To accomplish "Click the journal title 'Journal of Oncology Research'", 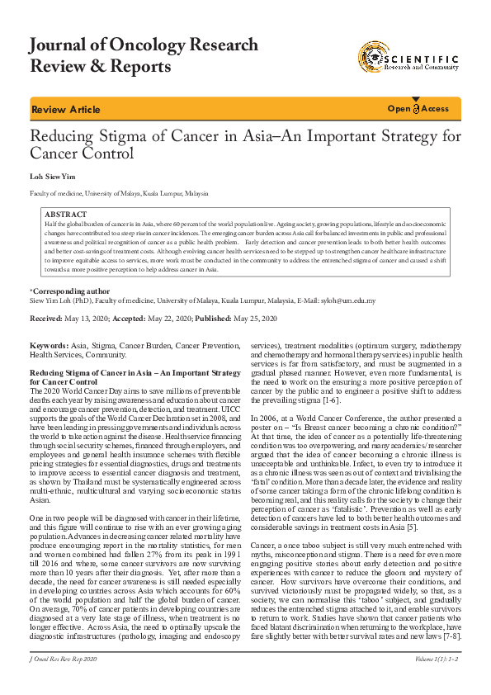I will (144, 44).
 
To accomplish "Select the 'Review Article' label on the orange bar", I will (65, 110).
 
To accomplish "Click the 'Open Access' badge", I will (418, 109).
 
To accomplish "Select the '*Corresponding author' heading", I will (69, 291).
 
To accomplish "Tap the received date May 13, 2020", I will (85, 319).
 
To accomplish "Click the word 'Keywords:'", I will (49, 344).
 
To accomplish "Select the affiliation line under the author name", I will (119, 193).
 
